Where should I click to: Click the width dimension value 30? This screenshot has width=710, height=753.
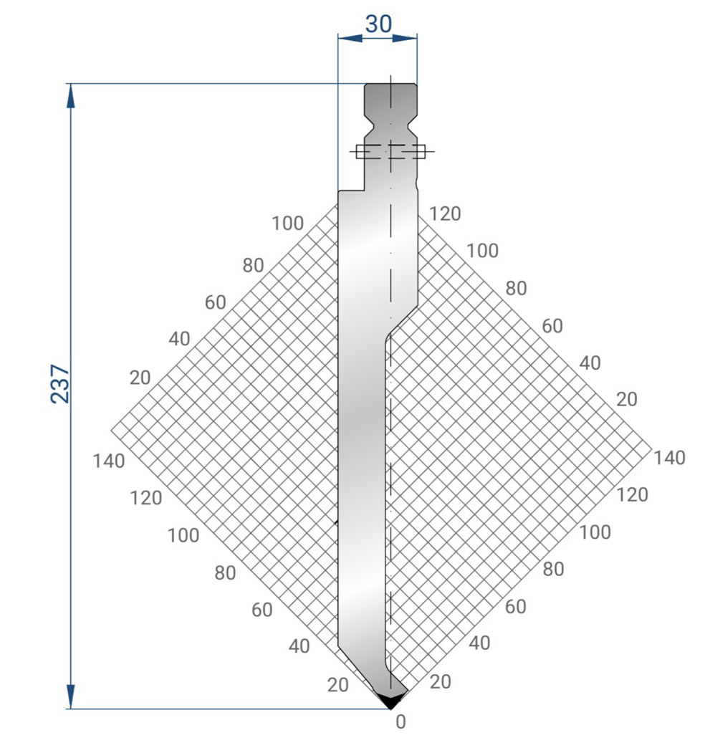click(378, 24)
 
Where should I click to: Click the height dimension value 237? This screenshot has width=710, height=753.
click(61, 383)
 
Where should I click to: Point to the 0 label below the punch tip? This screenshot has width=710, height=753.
click(400, 721)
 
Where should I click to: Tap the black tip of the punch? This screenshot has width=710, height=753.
click(390, 700)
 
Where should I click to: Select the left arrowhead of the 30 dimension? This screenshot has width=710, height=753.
click(350, 38)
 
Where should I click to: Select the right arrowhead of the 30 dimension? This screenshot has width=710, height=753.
click(405, 38)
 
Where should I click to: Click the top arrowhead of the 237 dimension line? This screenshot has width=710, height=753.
click(71, 96)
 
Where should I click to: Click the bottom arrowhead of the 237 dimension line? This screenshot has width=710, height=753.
click(71, 696)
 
